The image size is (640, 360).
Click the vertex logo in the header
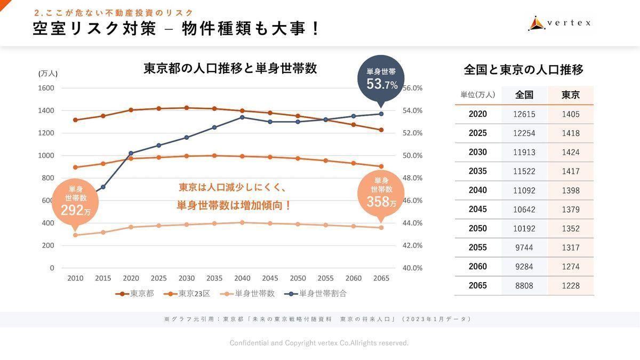point(559,23)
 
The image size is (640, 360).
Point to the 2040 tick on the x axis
point(242,278)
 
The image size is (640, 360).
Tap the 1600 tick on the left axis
point(45,88)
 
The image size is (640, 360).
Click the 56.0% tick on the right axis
point(412,88)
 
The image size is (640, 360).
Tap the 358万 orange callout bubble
point(381,193)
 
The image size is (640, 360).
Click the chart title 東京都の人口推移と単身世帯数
point(230,69)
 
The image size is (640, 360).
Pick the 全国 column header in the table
point(524,95)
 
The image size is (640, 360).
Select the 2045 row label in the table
point(477,210)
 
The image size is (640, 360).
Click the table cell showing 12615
point(524,114)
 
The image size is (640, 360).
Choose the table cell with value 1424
point(570,153)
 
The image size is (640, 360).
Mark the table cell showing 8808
point(524,286)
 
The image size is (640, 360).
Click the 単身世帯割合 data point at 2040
point(242,117)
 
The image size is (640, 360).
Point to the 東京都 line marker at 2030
point(187,108)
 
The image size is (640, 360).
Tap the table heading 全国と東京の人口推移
point(524,70)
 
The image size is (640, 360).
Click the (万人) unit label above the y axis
point(48,74)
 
